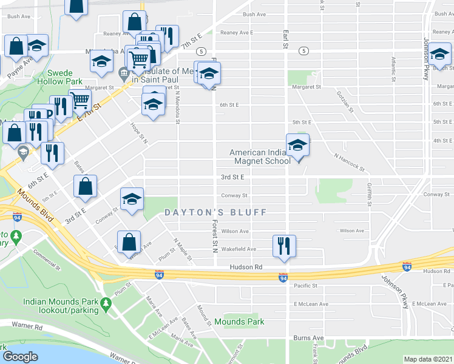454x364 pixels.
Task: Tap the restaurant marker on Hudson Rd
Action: pos(283,246)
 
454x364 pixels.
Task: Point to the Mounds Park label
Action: pos(239,322)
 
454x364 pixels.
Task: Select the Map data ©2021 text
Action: pos(428,359)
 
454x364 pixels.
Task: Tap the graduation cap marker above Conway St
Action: pos(131,199)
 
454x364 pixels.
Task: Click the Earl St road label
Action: pos(284,39)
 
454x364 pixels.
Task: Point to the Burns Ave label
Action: pos(308,338)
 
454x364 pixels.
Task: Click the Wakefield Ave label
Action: pos(239,249)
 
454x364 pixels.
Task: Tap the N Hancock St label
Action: pos(349,161)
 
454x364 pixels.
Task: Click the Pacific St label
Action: pos(306,285)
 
